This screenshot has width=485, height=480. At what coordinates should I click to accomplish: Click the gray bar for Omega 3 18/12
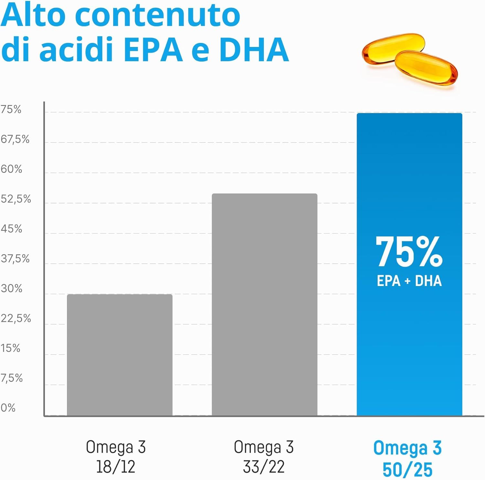pyautogui.click(x=120, y=355)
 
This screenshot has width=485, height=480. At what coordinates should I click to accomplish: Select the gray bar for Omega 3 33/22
pyautogui.click(x=264, y=304)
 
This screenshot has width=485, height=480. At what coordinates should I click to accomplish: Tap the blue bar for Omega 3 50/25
pyautogui.click(x=409, y=264)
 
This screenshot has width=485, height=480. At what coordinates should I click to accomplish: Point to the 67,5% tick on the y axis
pyautogui.click(x=15, y=140)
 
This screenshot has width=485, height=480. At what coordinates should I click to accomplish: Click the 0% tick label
pyautogui.click(x=8, y=408)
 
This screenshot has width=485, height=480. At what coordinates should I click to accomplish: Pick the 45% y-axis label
pyautogui.click(x=11, y=229)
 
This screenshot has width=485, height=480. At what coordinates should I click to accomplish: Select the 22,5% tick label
pyautogui.click(x=16, y=319)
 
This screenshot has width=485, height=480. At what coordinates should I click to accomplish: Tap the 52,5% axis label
pyautogui.click(x=16, y=199)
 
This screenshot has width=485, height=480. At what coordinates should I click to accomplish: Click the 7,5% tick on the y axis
pyautogui.click(x=12, y=378)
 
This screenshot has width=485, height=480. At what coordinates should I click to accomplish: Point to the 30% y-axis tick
pyautogui.click(x=11, y=289)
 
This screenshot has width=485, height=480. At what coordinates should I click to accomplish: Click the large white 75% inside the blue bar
pyautogui.click(x=409, y=251)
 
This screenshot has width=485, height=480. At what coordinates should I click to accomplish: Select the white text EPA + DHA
pyautogui.click(x=409, y=280)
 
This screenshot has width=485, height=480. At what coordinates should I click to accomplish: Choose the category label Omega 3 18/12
pyautogui.click(x=116, y=457)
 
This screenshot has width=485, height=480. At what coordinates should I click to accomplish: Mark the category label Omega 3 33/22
pyautogui.click(x=264, y=457)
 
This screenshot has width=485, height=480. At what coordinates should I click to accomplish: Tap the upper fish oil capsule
pyautogui.click(x=393, y=48)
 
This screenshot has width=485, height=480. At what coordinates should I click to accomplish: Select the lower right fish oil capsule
pyautogui.click(x=426, y=68)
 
